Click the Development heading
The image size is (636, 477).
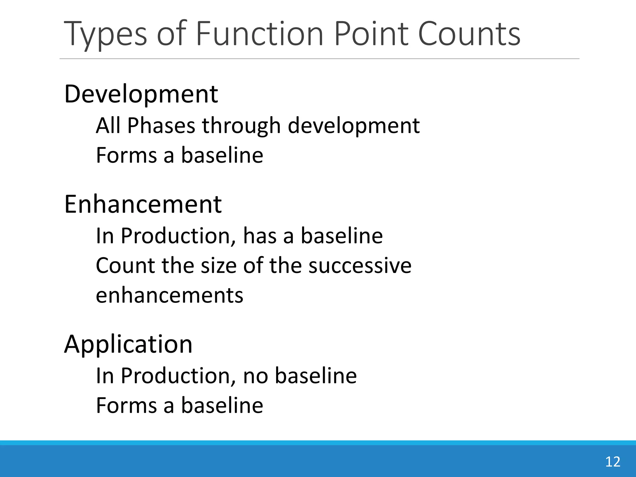[141, 94]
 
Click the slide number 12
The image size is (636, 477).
[612, 462]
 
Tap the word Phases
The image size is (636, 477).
[161, 125]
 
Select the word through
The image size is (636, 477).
[241, 126]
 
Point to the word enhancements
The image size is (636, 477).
[169, 295]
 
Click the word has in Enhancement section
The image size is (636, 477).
[260, 236]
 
